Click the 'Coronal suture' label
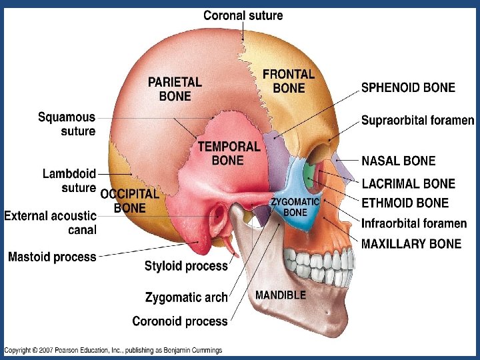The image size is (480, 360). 243,15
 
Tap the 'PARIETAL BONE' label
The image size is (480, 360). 175,89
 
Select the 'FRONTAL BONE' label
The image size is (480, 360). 289,81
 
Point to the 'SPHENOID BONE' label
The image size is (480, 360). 408,87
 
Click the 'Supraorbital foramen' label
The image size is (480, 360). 417,121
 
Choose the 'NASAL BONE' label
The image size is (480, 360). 398,161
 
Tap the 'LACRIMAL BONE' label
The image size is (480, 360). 408,183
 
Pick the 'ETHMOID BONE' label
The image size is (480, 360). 405,203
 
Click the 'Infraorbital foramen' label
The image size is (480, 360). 414,223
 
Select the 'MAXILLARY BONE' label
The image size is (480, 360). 411,244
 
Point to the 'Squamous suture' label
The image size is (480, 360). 67,125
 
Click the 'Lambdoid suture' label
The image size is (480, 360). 69,181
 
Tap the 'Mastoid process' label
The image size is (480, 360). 52,257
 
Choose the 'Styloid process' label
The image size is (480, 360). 186,267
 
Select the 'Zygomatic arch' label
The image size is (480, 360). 186,297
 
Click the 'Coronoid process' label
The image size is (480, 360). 180,321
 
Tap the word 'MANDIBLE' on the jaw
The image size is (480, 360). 281,295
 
